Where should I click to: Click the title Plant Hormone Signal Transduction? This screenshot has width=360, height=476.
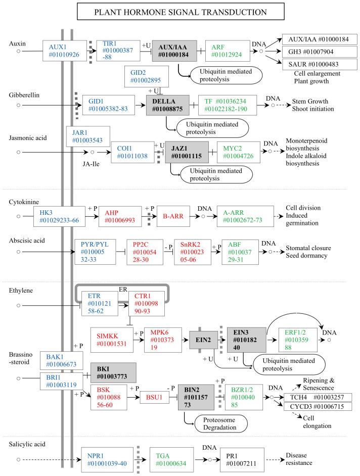coord(179,12)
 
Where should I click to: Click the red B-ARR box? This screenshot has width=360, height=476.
coord(174,216)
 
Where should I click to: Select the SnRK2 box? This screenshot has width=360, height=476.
coord(192,252)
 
